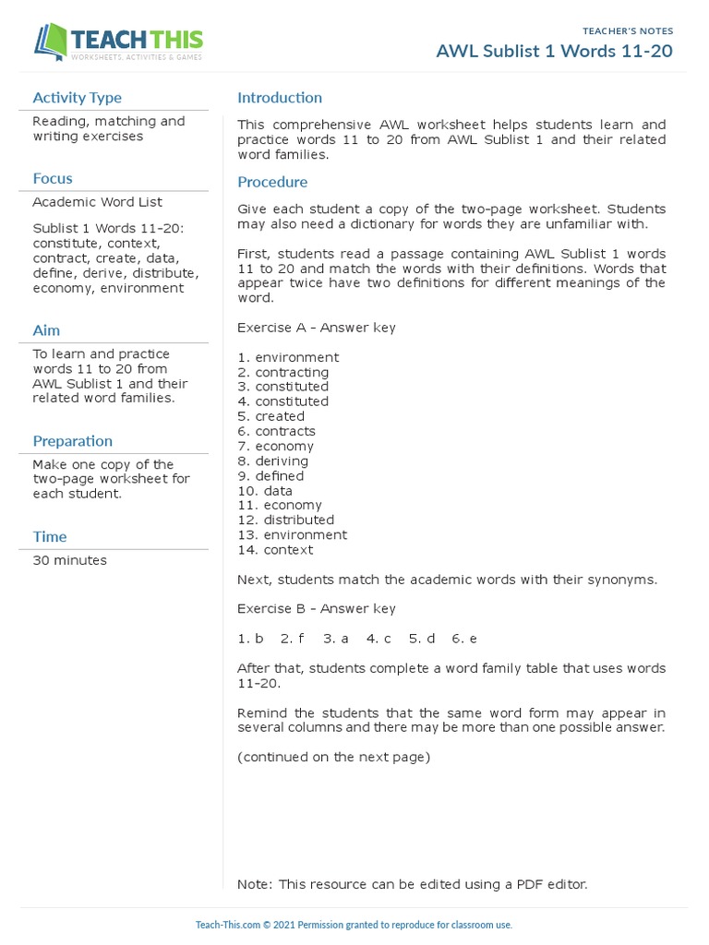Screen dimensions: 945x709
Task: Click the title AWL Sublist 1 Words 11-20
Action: click(554, 51)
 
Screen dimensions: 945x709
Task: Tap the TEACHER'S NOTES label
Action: click(628, 30)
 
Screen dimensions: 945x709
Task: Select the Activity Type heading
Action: click(77, 98)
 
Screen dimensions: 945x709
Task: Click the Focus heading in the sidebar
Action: click(53, 178)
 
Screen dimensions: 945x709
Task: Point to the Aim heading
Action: click(46, 330)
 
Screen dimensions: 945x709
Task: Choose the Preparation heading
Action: click(72, 441)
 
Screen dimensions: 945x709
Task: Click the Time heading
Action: click(50, 536)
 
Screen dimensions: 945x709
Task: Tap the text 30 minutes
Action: click(69, 560)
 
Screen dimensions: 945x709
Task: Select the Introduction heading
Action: click(280, 98)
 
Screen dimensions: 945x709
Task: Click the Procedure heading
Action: click(272, 182)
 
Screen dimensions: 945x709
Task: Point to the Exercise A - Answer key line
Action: click(317, 328)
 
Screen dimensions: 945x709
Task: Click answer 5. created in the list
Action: click(270, 416)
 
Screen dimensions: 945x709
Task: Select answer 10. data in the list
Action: click(265, 490)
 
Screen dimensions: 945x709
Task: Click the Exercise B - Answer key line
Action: click(317, 608)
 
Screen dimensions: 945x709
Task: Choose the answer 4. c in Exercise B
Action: click(379, 639)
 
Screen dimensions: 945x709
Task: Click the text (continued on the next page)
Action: click(333, 757)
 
